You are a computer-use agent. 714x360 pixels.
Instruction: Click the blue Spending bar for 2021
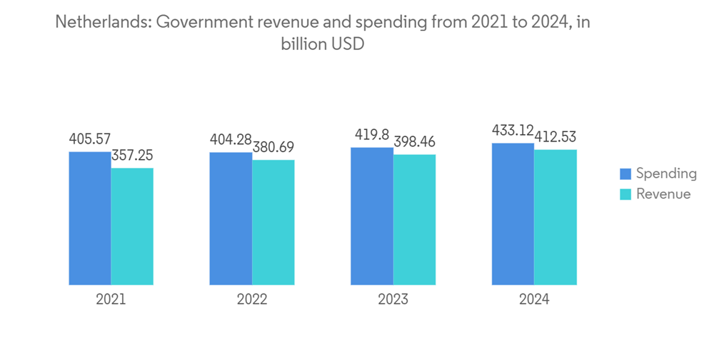90,219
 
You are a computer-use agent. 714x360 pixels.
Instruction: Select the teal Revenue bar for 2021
132,226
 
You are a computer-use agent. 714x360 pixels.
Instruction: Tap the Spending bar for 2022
231,219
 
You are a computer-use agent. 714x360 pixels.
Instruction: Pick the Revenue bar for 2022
273,222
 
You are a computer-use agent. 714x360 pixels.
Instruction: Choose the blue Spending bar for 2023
372,216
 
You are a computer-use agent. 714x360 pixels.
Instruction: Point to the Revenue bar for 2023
414,220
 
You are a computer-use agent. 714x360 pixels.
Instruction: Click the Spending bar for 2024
513,214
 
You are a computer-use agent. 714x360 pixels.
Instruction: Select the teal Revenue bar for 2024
555,217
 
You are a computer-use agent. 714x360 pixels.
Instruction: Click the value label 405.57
90,139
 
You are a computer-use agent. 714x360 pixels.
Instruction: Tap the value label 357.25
132,155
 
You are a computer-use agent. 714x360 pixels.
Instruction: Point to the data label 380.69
273,147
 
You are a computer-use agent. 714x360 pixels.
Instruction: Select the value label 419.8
372,134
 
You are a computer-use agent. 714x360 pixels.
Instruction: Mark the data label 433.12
513,130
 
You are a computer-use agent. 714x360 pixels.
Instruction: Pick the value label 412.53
555,136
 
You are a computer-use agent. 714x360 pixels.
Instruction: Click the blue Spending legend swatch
625,174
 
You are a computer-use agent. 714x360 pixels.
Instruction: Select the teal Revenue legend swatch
625,194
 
